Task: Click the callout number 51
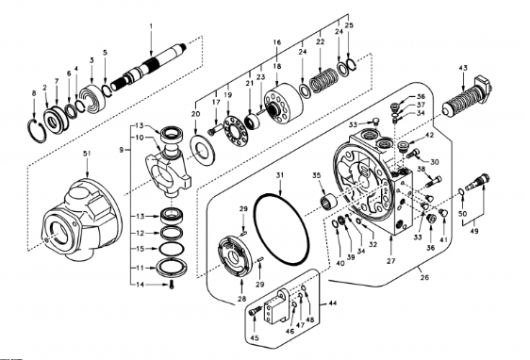tap(87, 154)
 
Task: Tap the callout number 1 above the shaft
tap(151, 25)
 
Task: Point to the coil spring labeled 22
tap(323, 81)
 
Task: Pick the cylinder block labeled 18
tap(283, 106)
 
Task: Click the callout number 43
tap(463, 68)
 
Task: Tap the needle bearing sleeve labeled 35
tap(328, 203)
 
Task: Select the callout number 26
tap(424, 277)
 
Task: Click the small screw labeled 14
tap(172, 285)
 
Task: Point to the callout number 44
tap(333, 303)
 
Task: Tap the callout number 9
tap(122, 150)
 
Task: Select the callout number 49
tap(474, 231)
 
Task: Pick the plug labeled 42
tap(403, 146)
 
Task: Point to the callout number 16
tap(277, 42)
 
